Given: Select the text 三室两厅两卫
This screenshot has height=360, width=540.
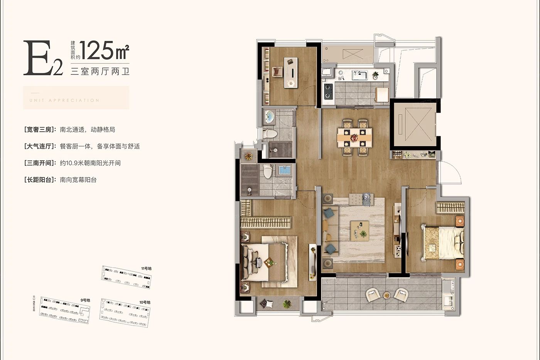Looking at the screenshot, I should point(100,71).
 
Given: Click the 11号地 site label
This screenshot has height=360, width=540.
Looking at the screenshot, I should point(146,268).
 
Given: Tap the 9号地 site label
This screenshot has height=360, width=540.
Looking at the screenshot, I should point(85,300).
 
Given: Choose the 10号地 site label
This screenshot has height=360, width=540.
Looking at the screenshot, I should point(145,302).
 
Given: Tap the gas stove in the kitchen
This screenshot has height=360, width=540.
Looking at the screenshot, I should point(328,91).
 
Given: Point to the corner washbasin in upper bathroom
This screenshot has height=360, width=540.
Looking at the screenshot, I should point(269,116).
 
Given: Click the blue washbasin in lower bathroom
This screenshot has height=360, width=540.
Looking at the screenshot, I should point(284,170).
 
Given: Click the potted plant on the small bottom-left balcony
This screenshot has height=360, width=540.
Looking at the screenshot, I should point(286,304).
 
